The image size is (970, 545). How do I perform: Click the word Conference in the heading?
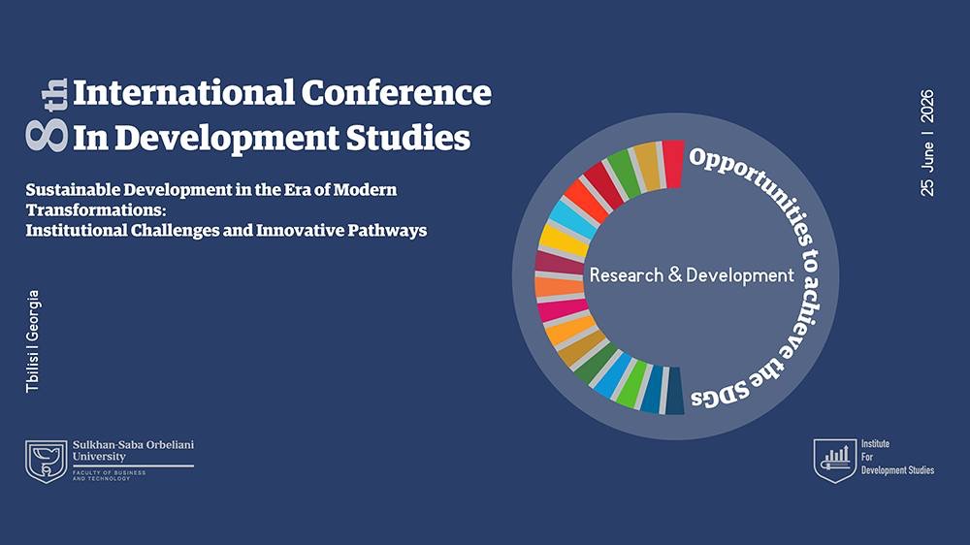click(x=396, y=93)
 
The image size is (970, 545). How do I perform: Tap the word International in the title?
click(x=183, y=93)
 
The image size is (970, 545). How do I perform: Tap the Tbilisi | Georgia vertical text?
click(x=34, y=340)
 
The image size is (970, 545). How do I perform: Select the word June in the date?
click(x=927, y=158)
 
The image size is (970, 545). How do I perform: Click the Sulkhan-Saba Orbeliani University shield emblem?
click(x=46, y=461)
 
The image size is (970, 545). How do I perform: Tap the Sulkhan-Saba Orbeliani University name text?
click(x=133, y=450)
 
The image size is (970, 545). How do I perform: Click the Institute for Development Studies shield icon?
click(x=832, y=460)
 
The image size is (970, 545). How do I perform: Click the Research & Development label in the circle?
click(x=692, y=275)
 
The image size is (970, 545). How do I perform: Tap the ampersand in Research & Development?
click(x=674, y=275)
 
